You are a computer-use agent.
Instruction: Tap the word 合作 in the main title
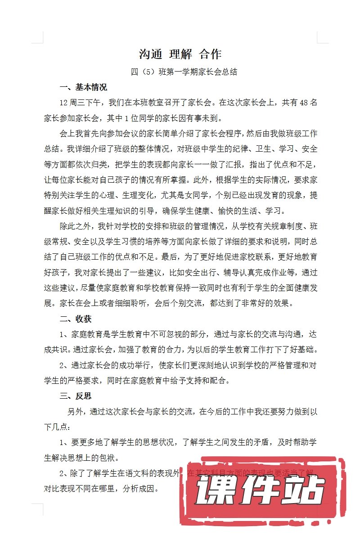pos(210,54)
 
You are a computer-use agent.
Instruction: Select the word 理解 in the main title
pos(180,54)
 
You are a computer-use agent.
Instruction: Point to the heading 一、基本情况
pos(83,87)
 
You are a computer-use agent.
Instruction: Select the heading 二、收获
pos(76,319)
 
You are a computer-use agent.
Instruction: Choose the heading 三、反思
pos(76,396)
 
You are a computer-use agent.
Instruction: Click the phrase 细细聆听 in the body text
pos(134,303)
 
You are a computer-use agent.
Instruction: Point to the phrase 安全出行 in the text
pos(223,272)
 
